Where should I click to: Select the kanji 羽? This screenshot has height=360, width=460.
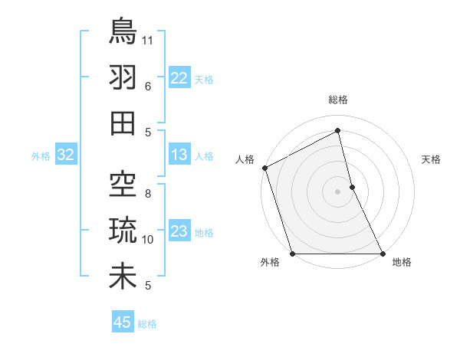(123, 77)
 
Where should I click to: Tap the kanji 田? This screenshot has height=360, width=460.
(123, 123)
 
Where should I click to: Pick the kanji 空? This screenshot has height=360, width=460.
(123, 184)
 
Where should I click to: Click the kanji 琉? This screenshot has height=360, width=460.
(123, 230)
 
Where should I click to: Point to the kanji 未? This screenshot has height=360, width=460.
(123, 277)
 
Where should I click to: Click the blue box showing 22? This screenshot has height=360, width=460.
(179, 77)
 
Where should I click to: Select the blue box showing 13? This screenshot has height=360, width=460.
(179, 155)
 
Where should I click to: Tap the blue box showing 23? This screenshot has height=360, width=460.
(179, 231)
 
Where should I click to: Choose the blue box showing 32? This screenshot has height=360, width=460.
(65, 155)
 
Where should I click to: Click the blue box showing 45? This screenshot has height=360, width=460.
(123, 322)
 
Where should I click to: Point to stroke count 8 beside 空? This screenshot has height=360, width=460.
(148, 193)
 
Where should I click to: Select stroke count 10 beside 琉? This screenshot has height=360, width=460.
(148, 240)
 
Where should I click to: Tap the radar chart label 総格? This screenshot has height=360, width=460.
(338, 100)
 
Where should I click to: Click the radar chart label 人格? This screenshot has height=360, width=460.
(245, 159)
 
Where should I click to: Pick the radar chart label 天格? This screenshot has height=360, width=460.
(432, 159)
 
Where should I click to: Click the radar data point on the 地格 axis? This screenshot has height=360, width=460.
(383, 254)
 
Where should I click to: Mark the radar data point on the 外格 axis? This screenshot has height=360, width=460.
(292, 254)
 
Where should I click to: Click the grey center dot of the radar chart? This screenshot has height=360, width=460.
(338, 191)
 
